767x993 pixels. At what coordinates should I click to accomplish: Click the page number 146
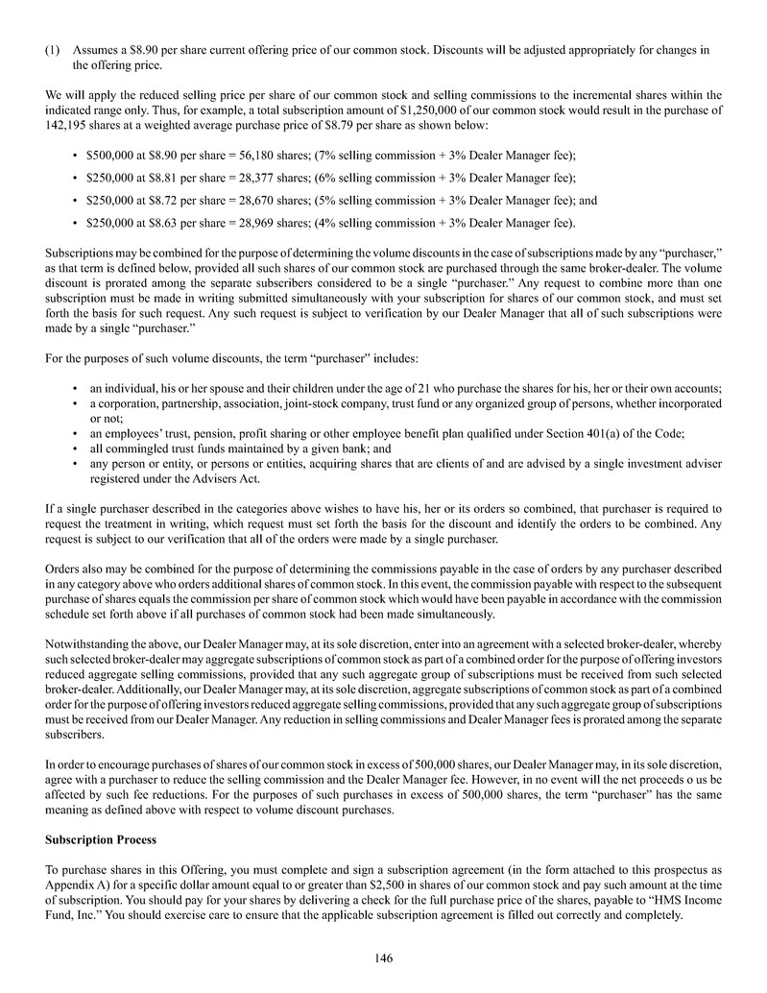coord(384,957)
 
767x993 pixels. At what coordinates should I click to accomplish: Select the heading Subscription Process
coord(101,840)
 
